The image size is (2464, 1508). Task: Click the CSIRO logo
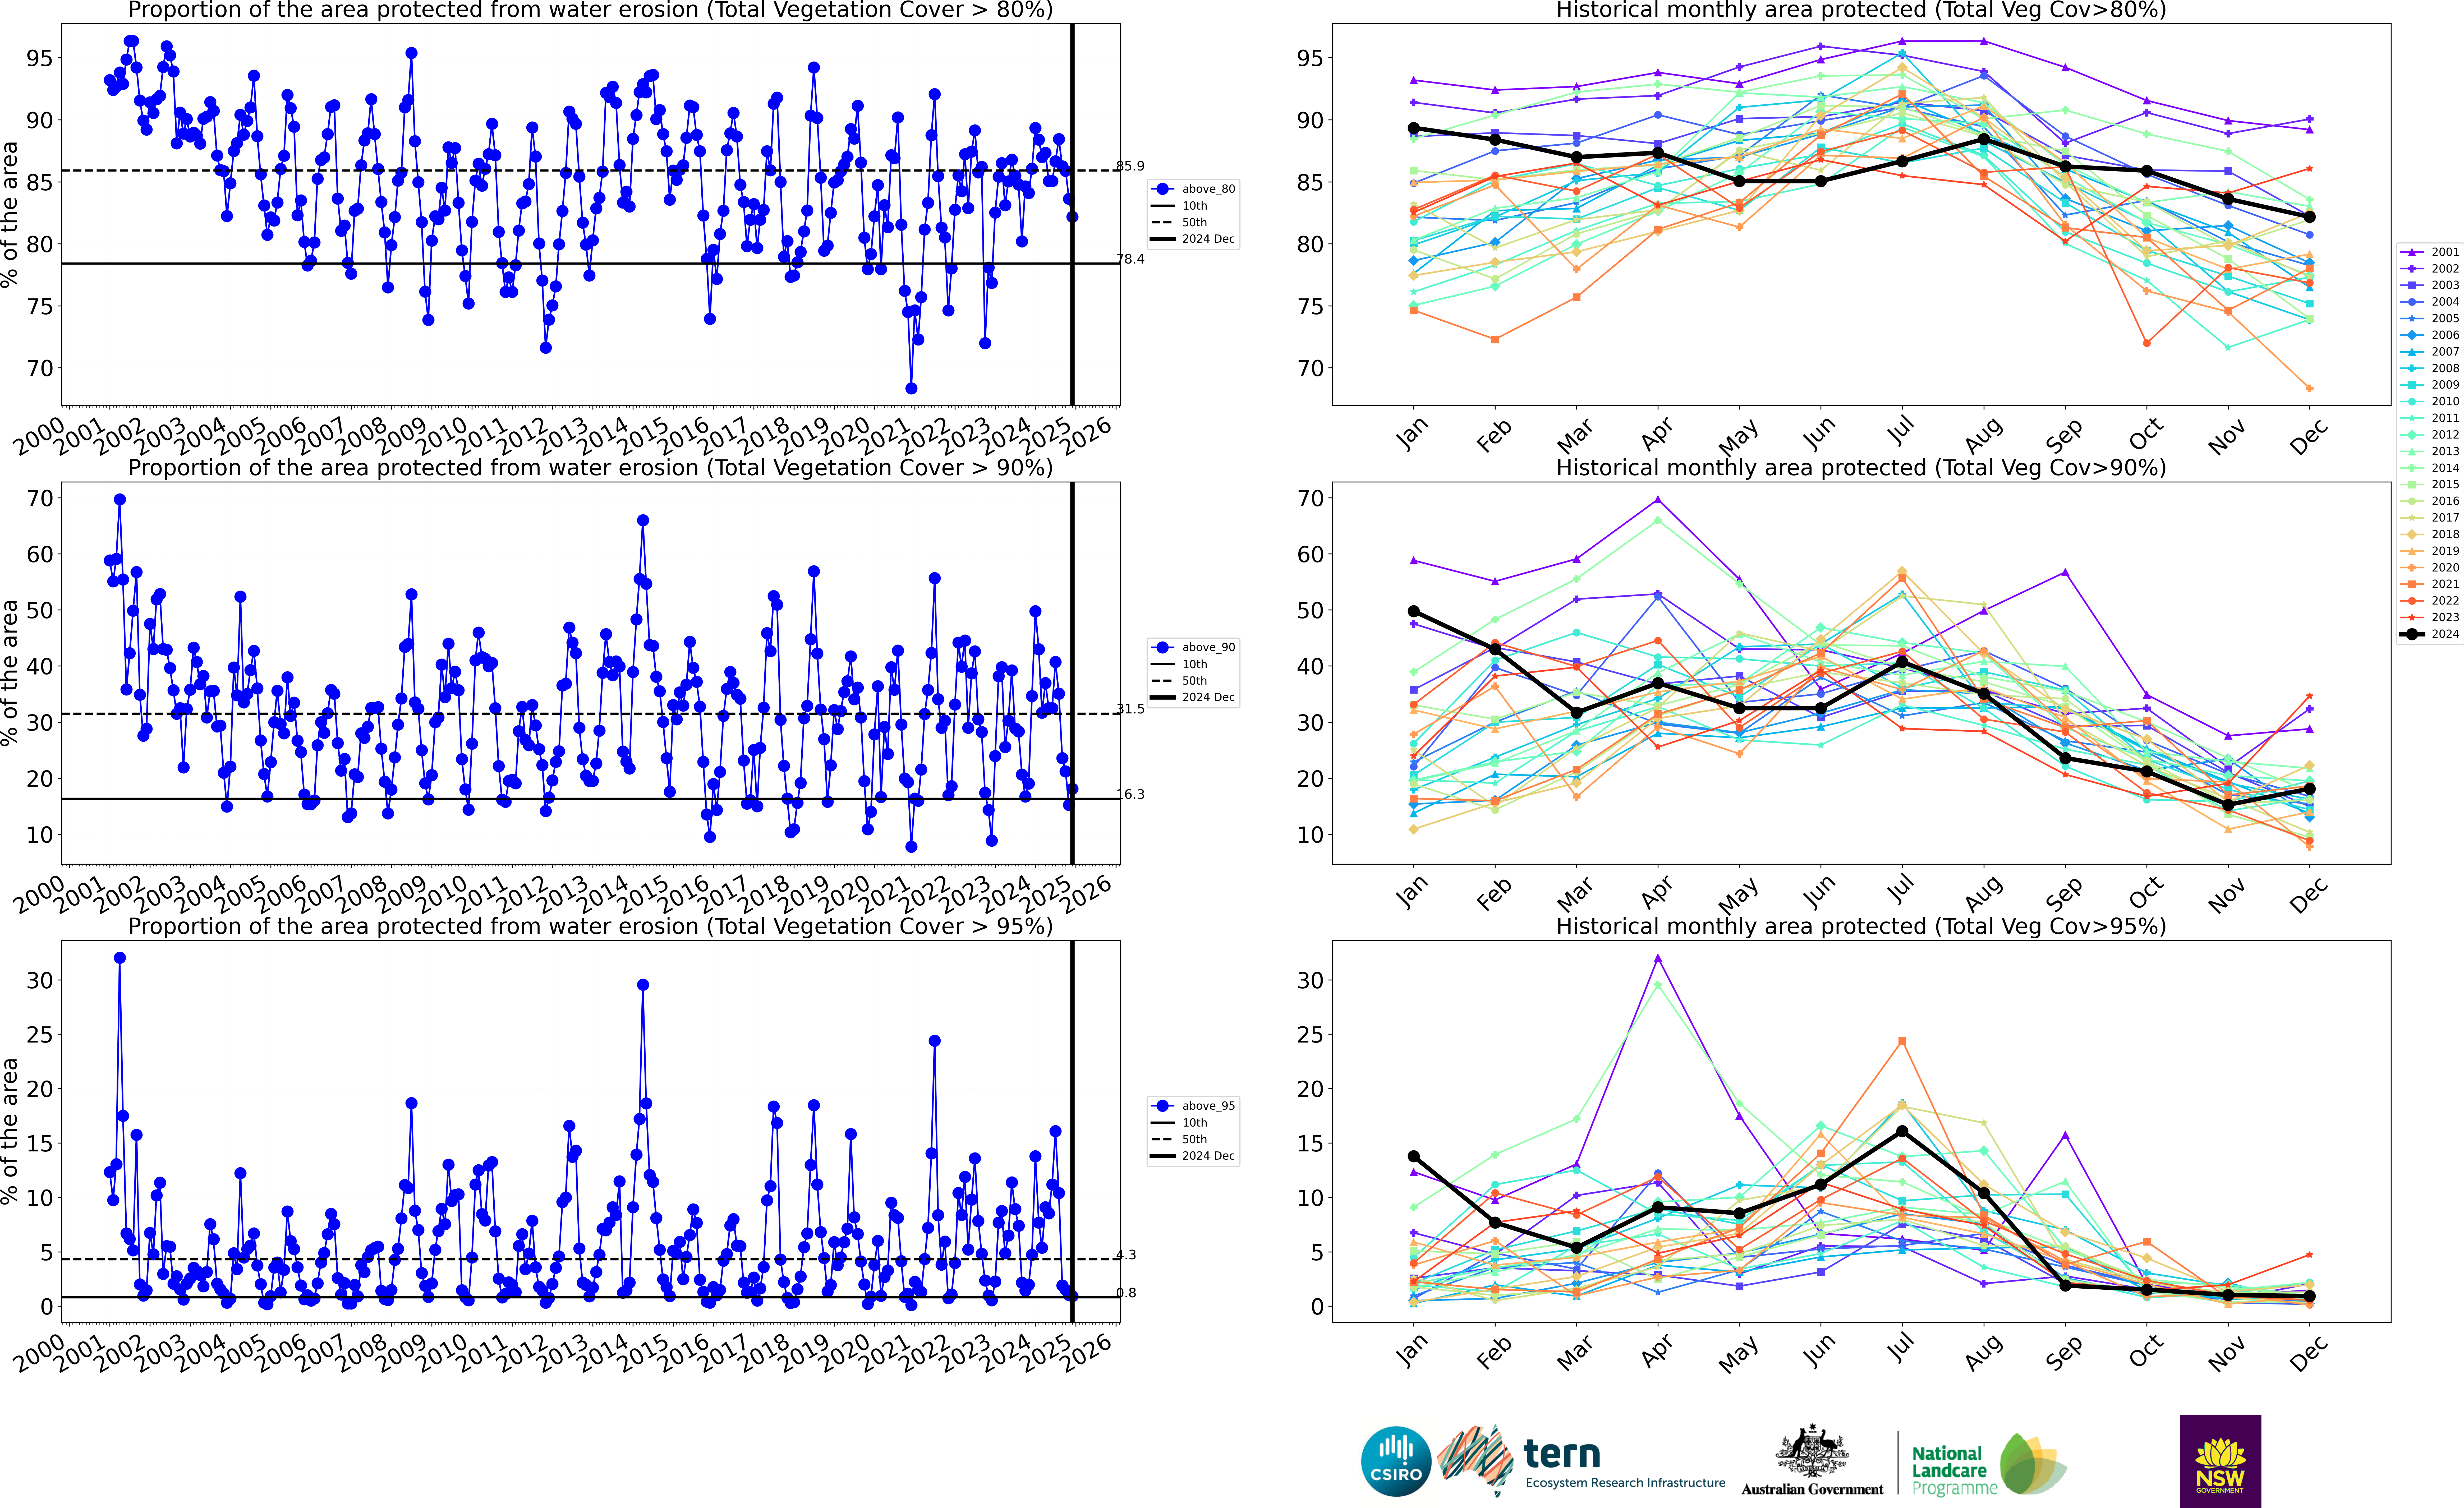(1396, 1461)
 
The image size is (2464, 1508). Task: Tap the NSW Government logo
(2220, 1461)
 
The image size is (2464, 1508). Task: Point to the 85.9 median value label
(1130, 166)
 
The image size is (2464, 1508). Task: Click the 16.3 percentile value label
(1130, 794)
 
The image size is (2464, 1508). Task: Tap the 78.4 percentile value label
(1130, 259)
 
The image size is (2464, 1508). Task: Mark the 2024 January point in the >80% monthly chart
(1413, 128)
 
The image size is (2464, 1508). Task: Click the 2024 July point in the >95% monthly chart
(1902, 1131)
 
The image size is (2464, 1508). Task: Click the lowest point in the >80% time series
(911, 388)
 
